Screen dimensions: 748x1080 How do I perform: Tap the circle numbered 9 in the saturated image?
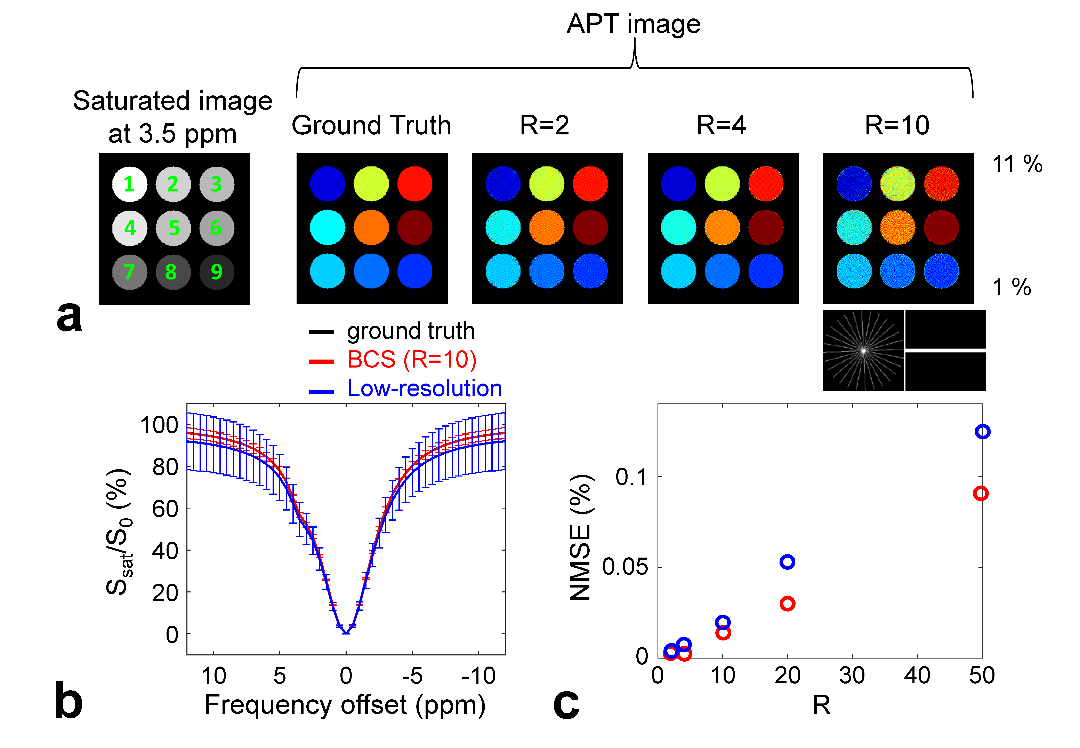click(216, 272)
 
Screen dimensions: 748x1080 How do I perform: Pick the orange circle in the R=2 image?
click(547, 228)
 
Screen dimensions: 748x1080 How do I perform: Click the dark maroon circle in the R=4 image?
click(766, 228)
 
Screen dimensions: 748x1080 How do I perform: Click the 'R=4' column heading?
click(721, 126)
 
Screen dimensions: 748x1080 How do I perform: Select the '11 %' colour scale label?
click(1017, 164)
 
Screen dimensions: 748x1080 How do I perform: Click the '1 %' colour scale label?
click(1012, 287)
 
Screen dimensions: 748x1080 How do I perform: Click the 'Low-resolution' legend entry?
click(424, 388)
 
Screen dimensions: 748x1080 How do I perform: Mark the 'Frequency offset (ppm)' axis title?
click(345, 705)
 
